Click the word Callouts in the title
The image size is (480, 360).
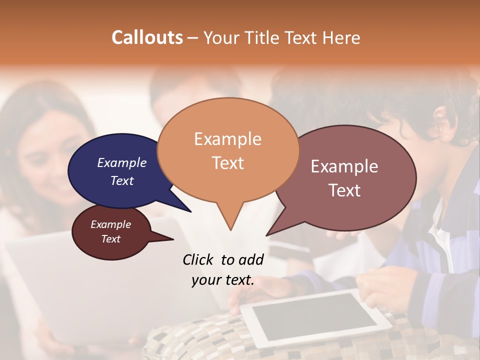coord(147,37)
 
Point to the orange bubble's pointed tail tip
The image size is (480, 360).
coord(230,230)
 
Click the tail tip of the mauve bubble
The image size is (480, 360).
coord(267,235)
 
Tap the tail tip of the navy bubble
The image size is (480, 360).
coord(190,211)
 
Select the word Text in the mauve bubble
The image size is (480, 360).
coord(344,190)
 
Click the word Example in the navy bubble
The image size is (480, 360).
coord(122,162)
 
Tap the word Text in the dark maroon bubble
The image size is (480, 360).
coord(111,239)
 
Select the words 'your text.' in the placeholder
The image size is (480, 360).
coord(223,280)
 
